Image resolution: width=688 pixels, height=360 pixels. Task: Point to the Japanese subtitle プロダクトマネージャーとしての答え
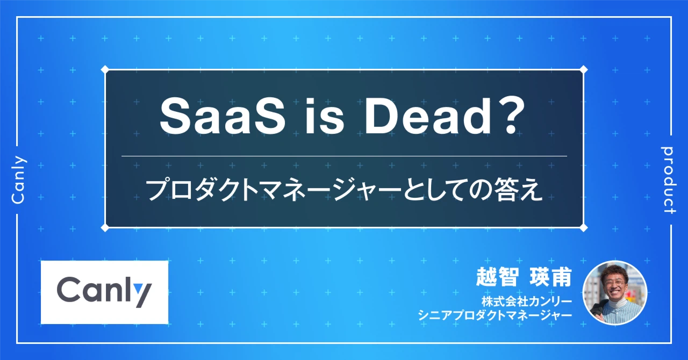[x=344, y=190]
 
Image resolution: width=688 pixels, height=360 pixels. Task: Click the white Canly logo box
[x=104, y=292]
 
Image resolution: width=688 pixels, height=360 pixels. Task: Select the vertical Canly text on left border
[x=18, y=180]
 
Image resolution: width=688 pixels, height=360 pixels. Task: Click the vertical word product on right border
[x=669, y=180]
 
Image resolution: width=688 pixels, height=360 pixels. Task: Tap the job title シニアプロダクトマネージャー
[x=494, y=315]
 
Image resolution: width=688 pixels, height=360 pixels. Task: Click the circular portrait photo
[x=614, y=293]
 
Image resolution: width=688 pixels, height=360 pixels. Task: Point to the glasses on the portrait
[x=614, y=284]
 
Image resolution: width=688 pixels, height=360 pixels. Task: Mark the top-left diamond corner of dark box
[x=105, y=69]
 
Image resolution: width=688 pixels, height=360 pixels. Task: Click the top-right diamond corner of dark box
[x=584, y=69]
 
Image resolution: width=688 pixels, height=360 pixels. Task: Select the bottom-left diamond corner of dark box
[x=105, y=227]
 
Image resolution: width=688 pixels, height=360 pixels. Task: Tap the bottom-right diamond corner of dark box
[x=584, y=227]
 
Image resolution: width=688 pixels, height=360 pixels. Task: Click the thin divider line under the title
[x=344, y=156]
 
